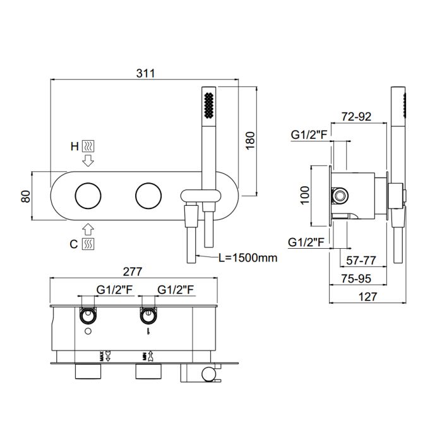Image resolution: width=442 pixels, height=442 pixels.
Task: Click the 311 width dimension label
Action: pyautogui.click(x=146, y=73)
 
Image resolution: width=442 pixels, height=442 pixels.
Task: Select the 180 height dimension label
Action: pyautogui.click(x=250, y=140)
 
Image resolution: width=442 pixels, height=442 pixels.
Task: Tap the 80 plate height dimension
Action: pyautogui.click(x=26, y=196)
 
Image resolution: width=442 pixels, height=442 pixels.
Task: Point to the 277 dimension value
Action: pyautogui.click(x=133, y=272)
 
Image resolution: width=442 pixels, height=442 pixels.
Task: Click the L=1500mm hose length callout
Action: pyautogui.click(x=248, y=258)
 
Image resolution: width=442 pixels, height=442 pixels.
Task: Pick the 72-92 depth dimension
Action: pyautogui.click(x=356, y=116)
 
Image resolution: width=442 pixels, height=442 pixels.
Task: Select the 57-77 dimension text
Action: pyautogui.click(x=361, y=260)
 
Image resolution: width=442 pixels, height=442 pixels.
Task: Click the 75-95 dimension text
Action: pyautogui.click(x=356, y=278)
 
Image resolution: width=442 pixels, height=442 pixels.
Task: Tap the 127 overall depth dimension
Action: pyautogui.click(x=367, y=297)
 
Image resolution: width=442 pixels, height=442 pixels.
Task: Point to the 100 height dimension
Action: pyautogui.click(x=305, y=195)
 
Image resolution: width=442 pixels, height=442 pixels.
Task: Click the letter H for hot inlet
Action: pyautogui.click(x=75, y=146)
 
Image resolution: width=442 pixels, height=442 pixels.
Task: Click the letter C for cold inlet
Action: pyautogui.click(x=74, y=244)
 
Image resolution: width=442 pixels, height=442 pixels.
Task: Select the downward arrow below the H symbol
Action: pyautogui.click(x=88, y=160)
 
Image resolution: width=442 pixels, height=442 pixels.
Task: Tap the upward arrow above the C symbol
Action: pyautogui.click(x=88, y=229)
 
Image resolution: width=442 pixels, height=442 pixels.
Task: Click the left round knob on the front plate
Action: pyautogui.click(x=88, y=196)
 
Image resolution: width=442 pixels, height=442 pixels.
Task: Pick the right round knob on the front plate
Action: pyautogui.click(x=148, y=196)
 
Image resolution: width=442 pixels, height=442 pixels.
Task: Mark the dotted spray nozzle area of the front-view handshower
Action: pyautogui.click(x=209, y=105)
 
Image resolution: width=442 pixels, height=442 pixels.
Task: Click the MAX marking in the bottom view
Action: pyautogui.click(x=102, y=356)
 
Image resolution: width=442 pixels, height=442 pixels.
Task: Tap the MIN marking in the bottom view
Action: pyautogui.click(x=145, y=357)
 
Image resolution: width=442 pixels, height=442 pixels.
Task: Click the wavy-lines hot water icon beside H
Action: pyautogui.click(x=88, y=146)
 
